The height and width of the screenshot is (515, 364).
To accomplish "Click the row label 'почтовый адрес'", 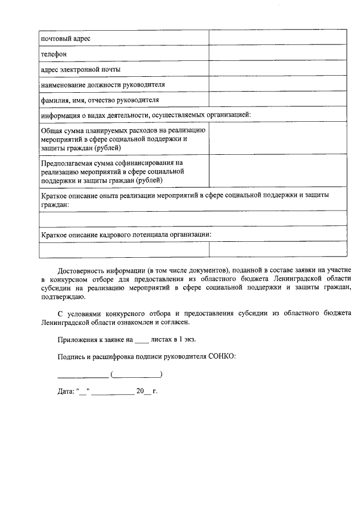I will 66,38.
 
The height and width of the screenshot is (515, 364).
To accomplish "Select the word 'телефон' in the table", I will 54,54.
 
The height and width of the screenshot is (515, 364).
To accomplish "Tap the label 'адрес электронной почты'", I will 80,69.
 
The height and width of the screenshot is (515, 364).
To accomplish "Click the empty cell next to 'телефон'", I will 278,53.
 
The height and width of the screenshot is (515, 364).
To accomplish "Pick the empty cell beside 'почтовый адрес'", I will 278,38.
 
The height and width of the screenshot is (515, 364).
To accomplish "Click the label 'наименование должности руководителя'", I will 103,84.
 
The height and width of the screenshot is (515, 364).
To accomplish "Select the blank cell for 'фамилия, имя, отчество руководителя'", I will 278,100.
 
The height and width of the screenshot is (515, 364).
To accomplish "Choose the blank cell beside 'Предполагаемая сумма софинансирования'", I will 278,171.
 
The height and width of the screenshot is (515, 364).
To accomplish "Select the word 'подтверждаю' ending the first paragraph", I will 63,297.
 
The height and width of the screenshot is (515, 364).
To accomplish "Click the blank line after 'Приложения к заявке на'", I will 142,340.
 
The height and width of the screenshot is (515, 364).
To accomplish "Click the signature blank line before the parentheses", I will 83,375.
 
